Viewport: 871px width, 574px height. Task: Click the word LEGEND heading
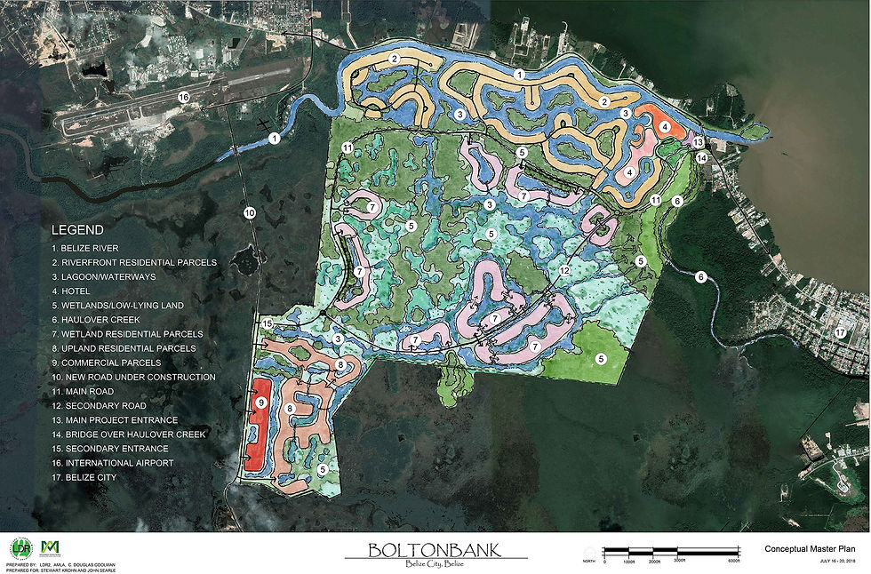point(77,229)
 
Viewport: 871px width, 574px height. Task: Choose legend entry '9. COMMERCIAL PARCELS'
point(106,363)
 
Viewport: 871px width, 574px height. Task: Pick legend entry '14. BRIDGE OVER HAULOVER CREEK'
point(129,434)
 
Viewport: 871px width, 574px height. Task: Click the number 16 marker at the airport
point(184,97)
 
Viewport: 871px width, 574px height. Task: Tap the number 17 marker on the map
point(840,332)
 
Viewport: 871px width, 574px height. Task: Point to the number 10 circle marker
point(249,212)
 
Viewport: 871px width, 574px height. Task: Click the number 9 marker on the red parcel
point(261,403)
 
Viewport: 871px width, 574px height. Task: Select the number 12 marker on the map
point(564,270)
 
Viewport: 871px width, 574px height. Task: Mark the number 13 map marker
point(698,142)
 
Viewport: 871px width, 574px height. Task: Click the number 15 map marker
point(268,324)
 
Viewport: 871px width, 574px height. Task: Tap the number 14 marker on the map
point(702,158)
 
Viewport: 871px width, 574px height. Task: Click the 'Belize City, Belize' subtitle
point(435,567)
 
